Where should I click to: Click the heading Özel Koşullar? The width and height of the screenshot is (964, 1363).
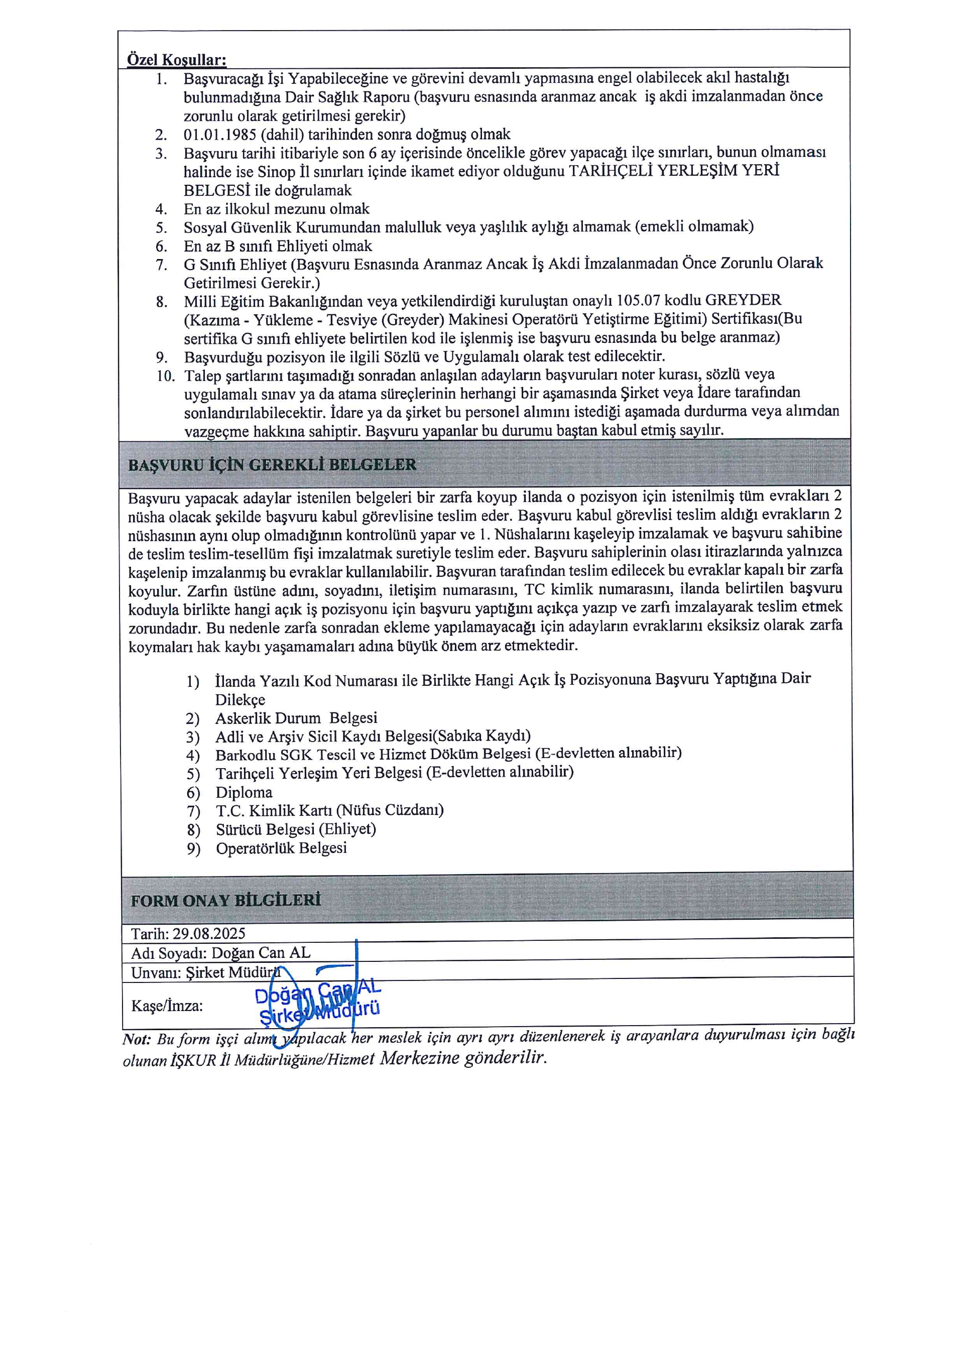176,60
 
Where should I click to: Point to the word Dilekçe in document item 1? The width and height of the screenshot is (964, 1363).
240,699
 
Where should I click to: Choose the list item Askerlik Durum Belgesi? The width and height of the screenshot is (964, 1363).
296,718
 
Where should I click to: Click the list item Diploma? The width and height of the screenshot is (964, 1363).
244,793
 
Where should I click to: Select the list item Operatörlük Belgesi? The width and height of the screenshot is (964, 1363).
281,848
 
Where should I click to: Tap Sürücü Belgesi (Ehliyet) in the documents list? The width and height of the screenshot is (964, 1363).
296,829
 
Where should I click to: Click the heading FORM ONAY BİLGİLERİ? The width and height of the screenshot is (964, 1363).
225,901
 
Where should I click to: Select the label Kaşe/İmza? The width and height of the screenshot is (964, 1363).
167,1006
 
